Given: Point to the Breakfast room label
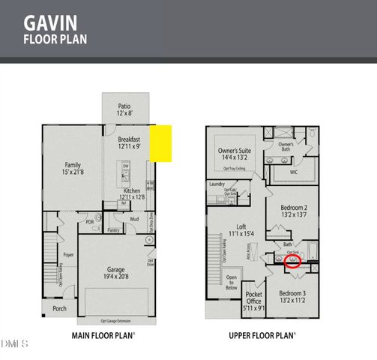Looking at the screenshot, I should (x=129, y=139).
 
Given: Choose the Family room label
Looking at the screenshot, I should (x=73, y=165).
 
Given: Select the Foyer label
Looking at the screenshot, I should (x=68, y=255).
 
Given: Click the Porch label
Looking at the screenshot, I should (x=59, y=308).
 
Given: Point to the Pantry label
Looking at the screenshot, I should (x=113, y=230).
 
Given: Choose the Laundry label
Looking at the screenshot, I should (x=218, y=184).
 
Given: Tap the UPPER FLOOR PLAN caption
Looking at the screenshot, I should (x=262, y=337).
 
